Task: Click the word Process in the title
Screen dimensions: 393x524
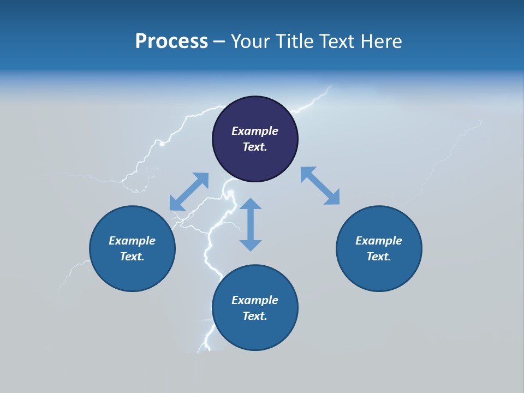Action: [171, 41]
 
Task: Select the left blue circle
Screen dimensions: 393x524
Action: [132, 273]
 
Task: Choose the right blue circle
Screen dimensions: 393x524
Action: [379, 273]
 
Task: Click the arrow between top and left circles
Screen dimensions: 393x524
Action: [189, 192]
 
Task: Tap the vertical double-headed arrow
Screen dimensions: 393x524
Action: [251, 225]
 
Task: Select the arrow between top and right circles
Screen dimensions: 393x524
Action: [320, 186]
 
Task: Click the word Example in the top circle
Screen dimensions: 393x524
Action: [255, 131]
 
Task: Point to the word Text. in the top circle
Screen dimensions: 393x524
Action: [255, 147]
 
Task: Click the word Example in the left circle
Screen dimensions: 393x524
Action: [132, 241]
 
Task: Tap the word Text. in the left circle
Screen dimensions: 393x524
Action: [132, 257]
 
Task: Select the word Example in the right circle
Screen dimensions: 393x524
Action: [379, 241]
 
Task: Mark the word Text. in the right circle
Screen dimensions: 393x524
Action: [379, 257]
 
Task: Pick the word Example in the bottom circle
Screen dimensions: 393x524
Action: [255, 300]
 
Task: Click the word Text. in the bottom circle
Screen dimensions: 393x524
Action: [255, 316]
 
